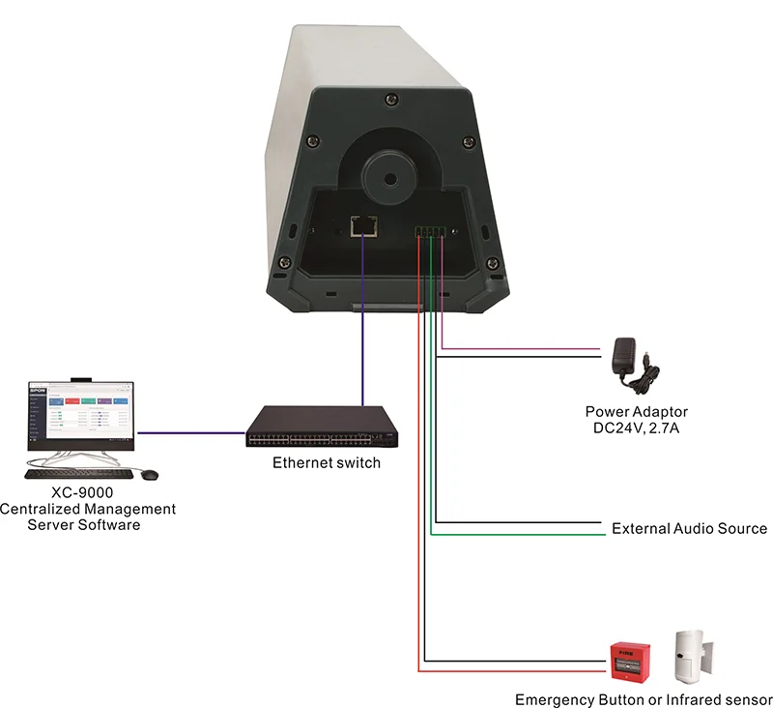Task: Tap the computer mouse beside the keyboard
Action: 149,474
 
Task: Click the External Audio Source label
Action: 689,529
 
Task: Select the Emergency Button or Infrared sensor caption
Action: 644,699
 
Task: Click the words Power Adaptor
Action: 636,412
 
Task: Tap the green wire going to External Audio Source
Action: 522,534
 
